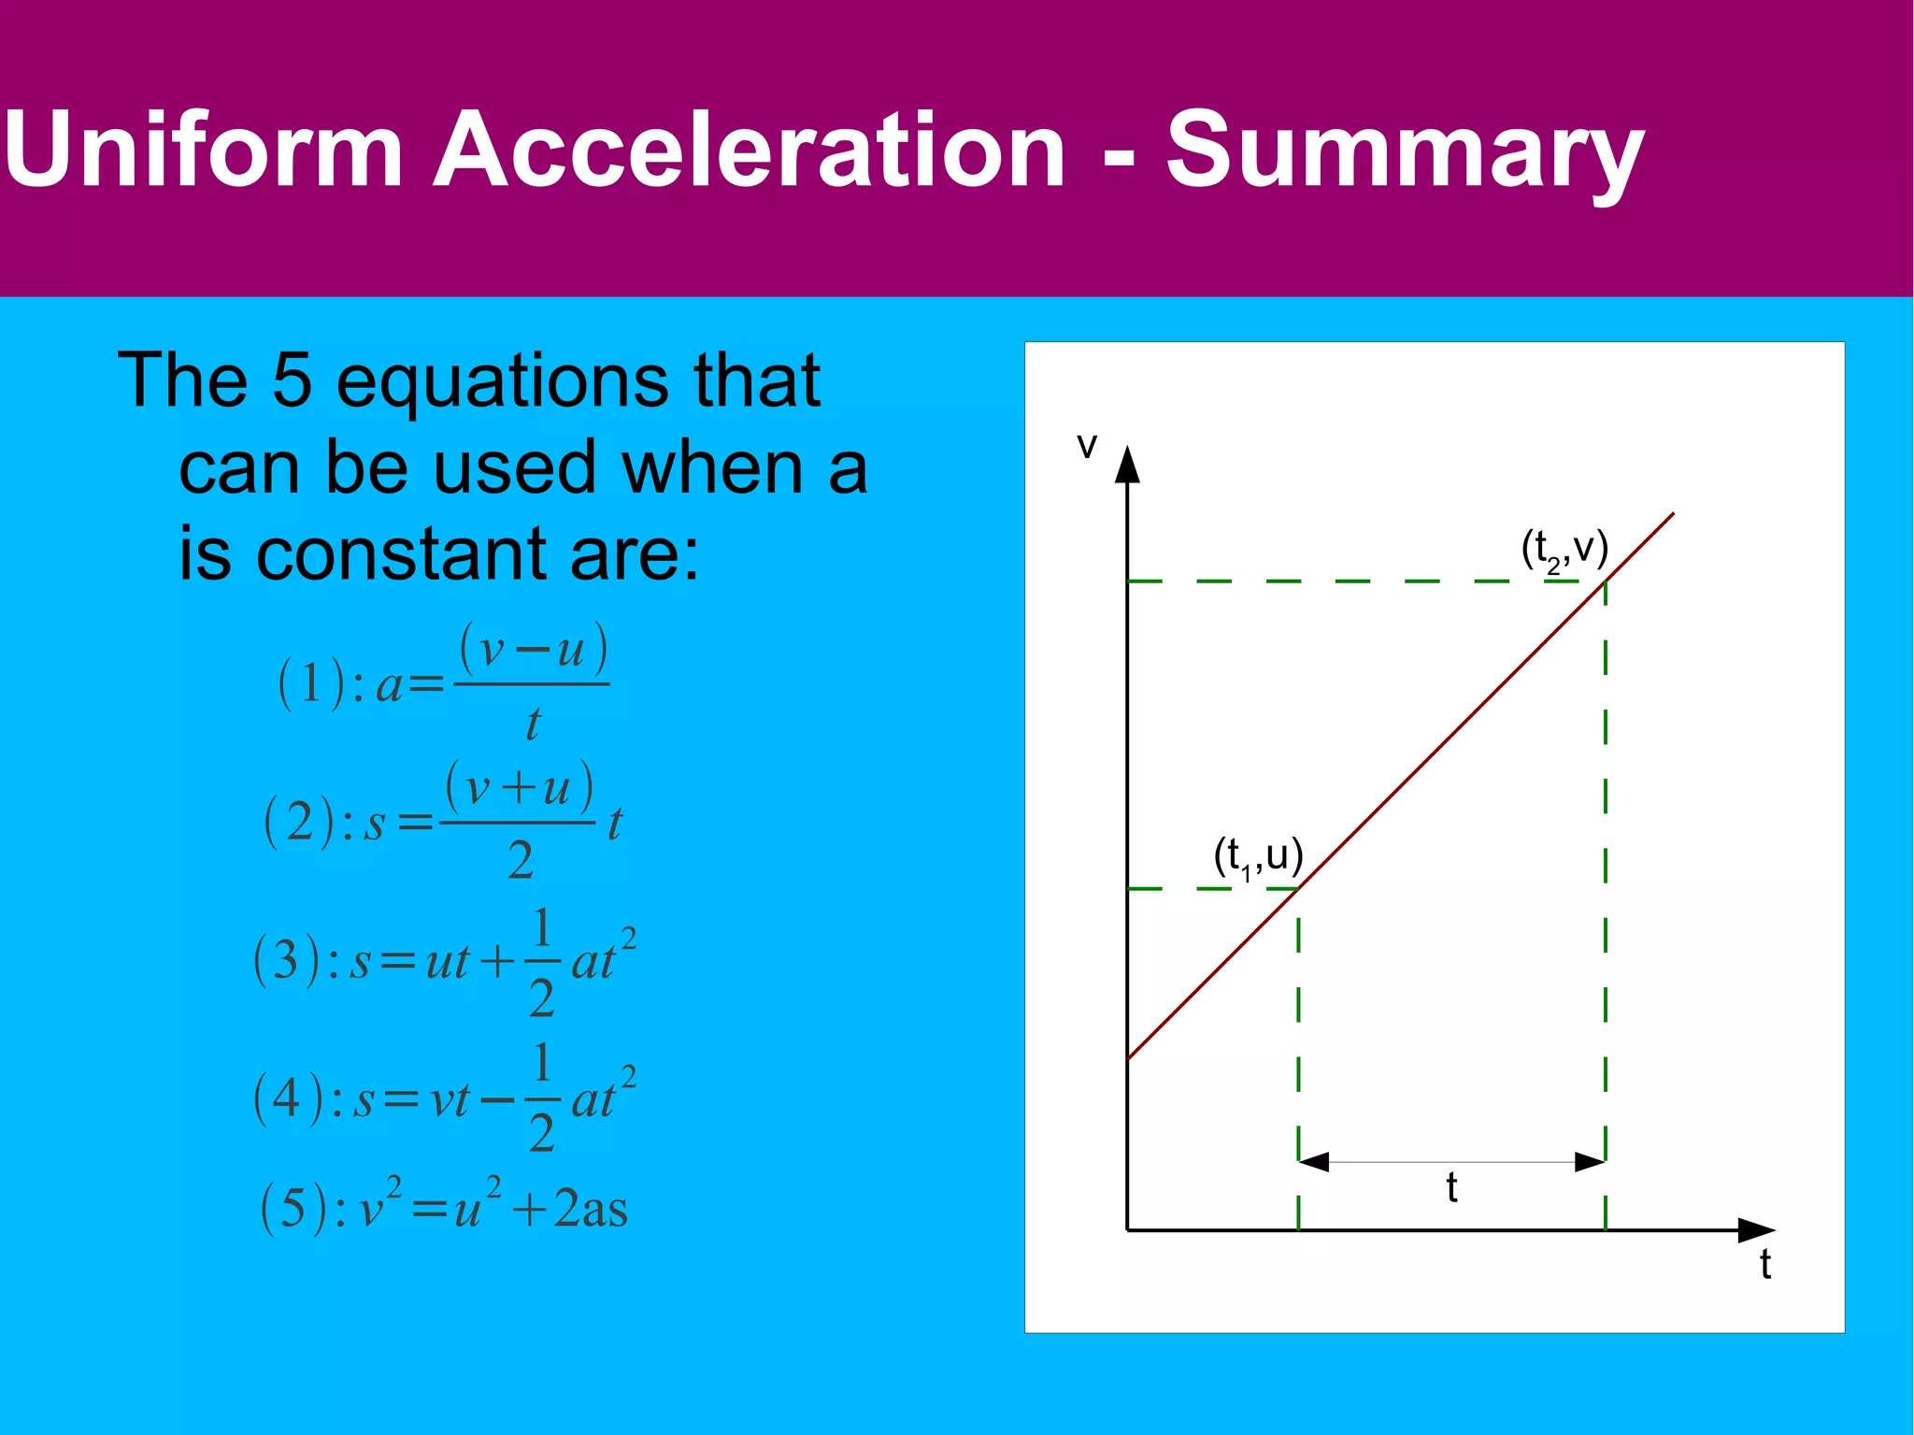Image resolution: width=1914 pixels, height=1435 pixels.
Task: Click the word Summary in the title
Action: point(1404,150)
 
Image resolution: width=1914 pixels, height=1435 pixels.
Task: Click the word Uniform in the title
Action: point(204,150)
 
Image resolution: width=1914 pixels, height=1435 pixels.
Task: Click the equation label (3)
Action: point(287,960)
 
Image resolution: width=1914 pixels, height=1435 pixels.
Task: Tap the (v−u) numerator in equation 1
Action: point(533,648)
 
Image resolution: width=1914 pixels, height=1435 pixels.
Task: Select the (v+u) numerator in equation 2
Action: point(519,787)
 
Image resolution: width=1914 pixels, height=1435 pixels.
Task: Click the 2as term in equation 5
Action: point(590,1209)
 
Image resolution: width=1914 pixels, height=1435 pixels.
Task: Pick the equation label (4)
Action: point(287,1098)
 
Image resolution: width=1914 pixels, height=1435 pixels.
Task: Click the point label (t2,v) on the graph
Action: point(1564,549)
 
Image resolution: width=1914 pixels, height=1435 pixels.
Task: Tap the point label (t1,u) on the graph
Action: point(1257,856)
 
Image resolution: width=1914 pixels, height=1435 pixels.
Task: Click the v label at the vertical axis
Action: point(1086,446)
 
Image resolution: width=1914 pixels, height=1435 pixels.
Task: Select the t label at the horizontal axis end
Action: point(1764,1264)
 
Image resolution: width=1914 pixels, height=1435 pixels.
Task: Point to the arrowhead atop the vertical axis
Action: point(1128,464)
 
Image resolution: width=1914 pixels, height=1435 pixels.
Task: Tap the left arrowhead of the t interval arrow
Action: point(1313,1162)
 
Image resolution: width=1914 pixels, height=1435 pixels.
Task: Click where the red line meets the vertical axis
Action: point(1128,1058)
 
